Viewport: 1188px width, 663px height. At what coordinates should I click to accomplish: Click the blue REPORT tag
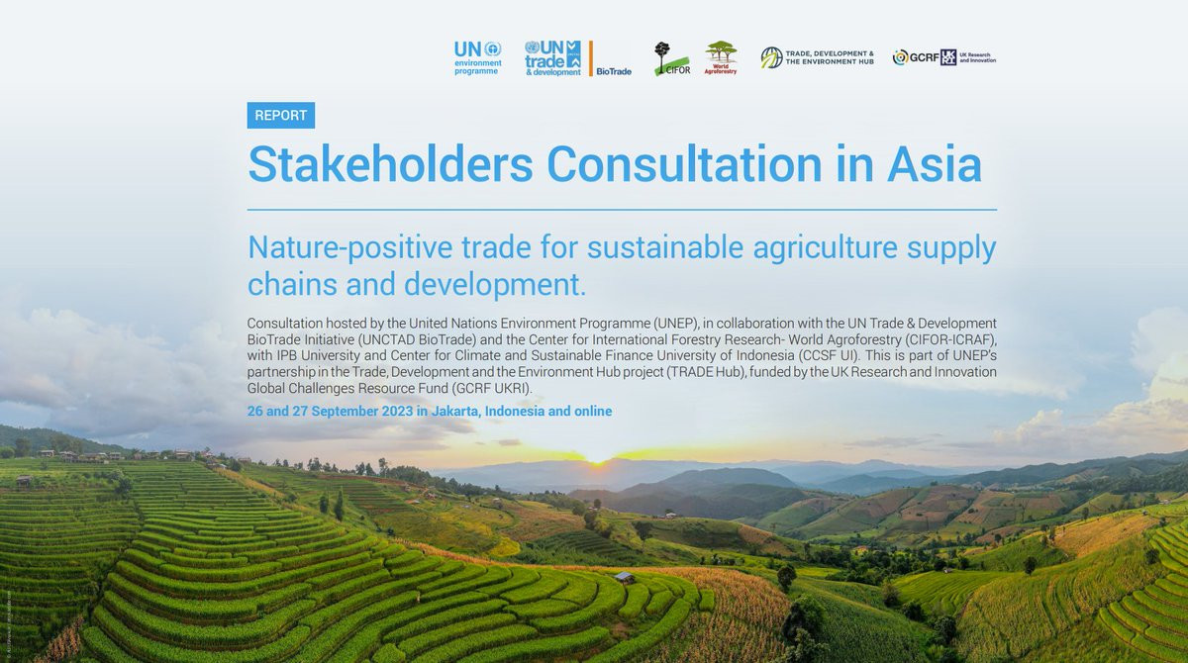pos(280,115)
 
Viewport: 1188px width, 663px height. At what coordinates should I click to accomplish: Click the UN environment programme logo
pos(478,58)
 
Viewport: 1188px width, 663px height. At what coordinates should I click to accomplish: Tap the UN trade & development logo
pos(552,58)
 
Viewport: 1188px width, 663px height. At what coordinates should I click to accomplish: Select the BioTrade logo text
pos(614,71)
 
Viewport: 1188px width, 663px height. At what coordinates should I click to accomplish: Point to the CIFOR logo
pos(672,58)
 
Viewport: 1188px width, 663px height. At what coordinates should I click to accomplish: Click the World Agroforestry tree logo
pos(721,57)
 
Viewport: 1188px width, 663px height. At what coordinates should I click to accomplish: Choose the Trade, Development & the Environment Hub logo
pos(818,57)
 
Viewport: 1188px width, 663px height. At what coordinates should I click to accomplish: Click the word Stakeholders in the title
pos(390,163)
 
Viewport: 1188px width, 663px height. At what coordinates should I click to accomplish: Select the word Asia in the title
pos(935,163)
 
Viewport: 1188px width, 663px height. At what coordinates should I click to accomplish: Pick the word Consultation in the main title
pos(685,163)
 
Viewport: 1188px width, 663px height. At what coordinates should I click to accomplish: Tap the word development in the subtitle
pos(495,285)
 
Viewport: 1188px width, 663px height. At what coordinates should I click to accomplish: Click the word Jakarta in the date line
pos(456,412)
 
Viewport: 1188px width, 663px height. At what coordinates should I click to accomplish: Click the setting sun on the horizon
pos(598,457)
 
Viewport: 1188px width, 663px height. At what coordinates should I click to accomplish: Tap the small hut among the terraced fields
pos(625,577)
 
